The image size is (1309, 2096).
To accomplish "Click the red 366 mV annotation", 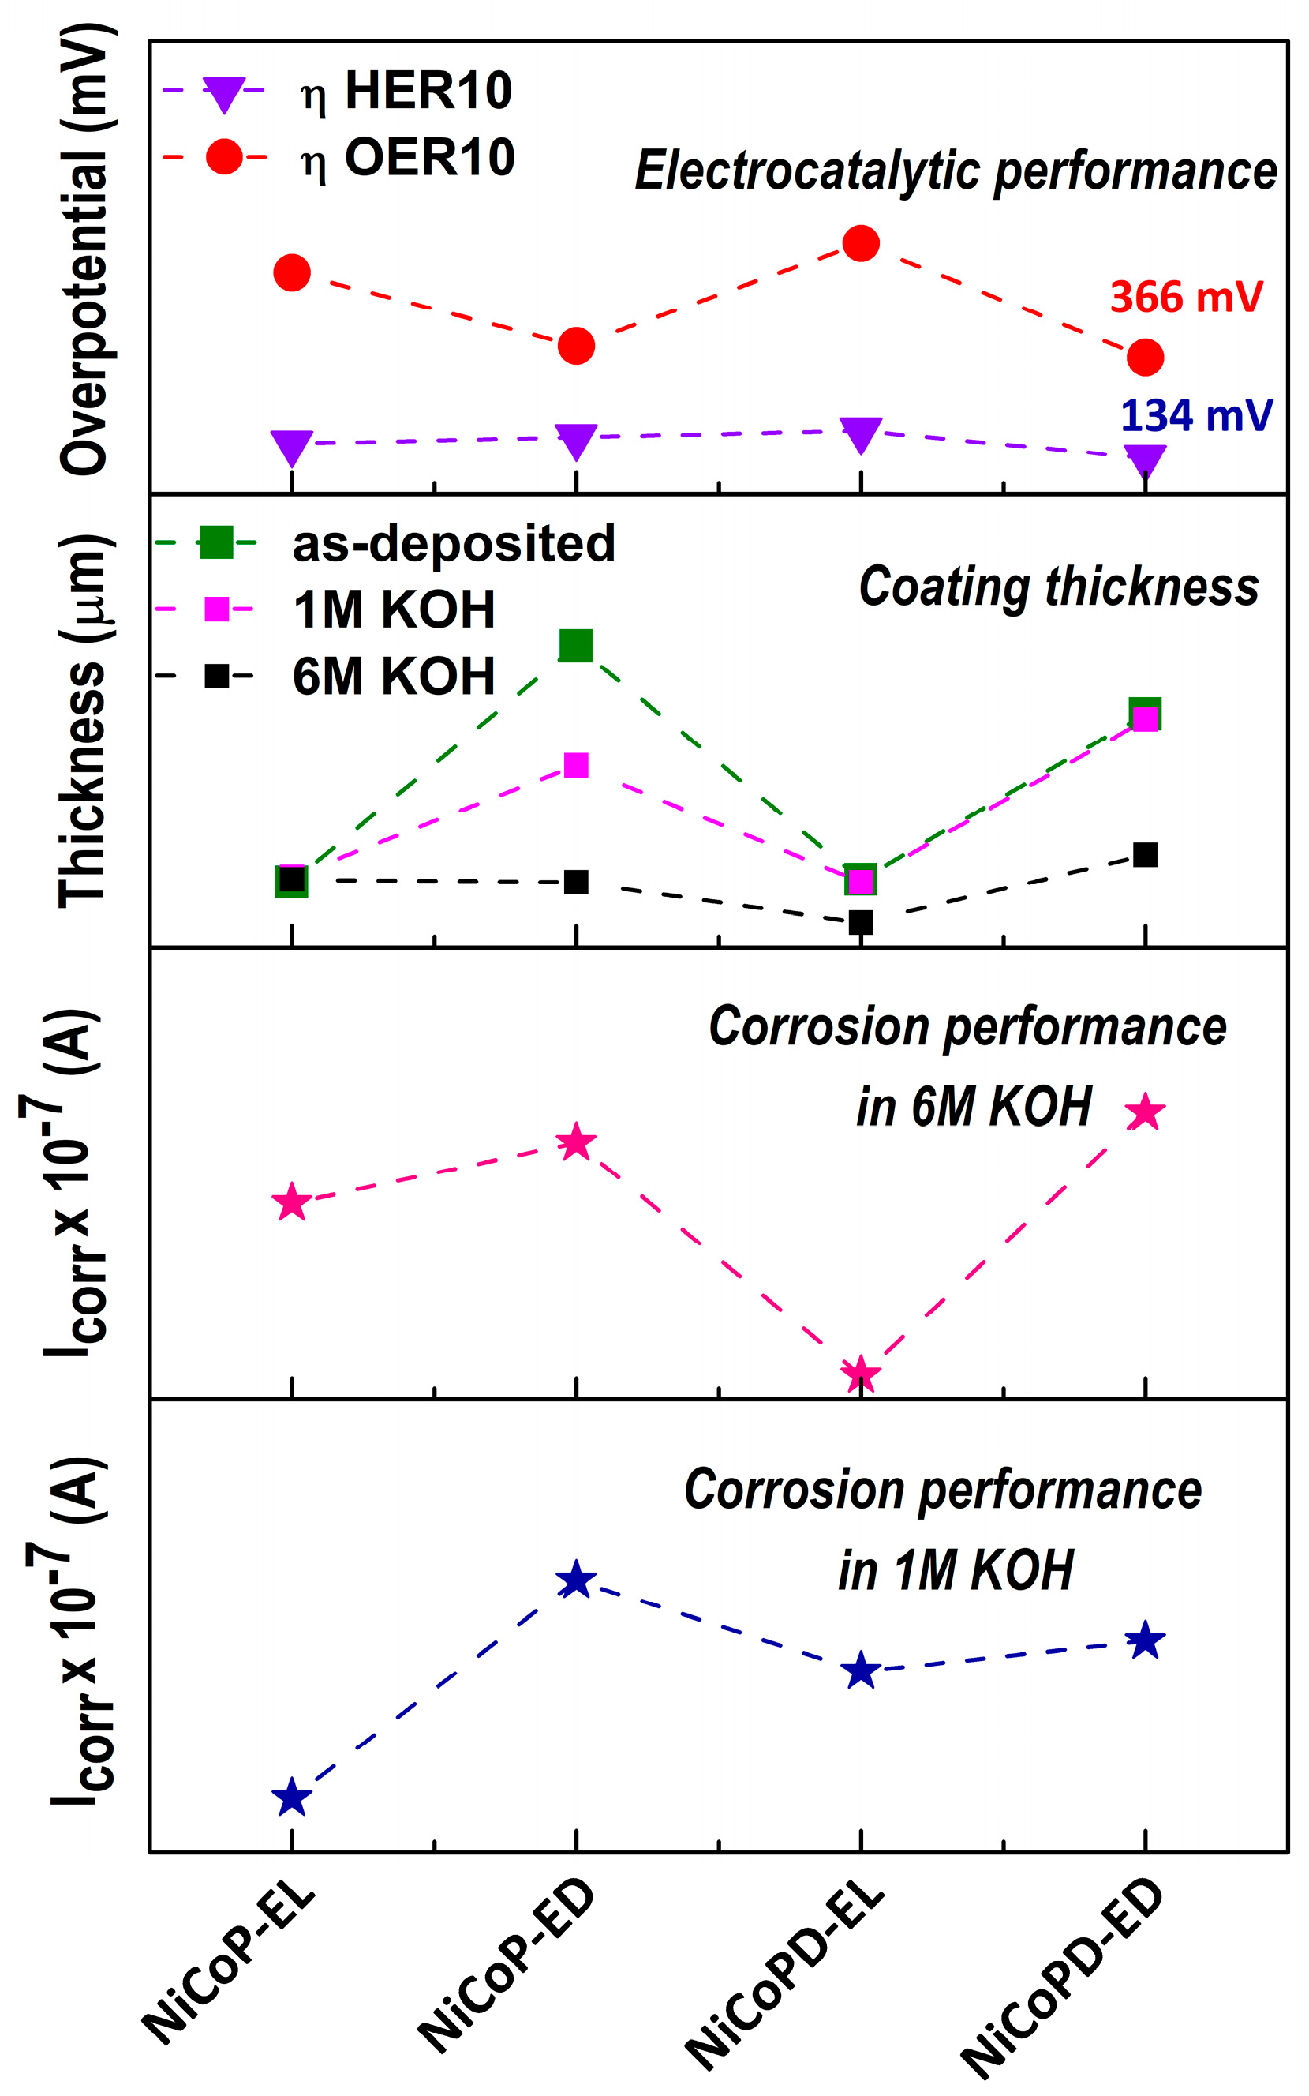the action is pyautogui.click(x=1186, y=297).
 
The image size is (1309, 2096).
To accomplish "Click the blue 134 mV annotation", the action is pyautogui.click(x=1196, y=416).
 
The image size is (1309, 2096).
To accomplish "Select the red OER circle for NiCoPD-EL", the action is pyautogui.click(x=861, y=243).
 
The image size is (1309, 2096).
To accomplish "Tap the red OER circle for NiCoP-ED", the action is pyautogui.click(x=576, y=346).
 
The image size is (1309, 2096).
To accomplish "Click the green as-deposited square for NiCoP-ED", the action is pyautogui.click(x=576, y=645).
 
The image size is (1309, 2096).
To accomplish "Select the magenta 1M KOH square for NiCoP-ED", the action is pyautogui.click(x=576, y=765).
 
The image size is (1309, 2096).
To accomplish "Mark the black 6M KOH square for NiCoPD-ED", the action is pyautogui.click(x=1145, y=855).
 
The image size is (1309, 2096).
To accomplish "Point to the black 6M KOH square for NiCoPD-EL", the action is pyautogui.click(x=861, y=922).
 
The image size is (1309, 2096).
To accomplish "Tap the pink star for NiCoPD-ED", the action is pyautogui.click(x=1145, y=1112).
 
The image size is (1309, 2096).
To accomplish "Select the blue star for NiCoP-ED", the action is pyautogui.click(x=576, y=1580).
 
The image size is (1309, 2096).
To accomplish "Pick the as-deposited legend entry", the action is pyautogui.click(x=385, y=544).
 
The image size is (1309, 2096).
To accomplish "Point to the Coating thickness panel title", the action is pyautogui.click(x=1059, y=587).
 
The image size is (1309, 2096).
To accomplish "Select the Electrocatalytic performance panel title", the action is pyautogui.click(x=956, y=171).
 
